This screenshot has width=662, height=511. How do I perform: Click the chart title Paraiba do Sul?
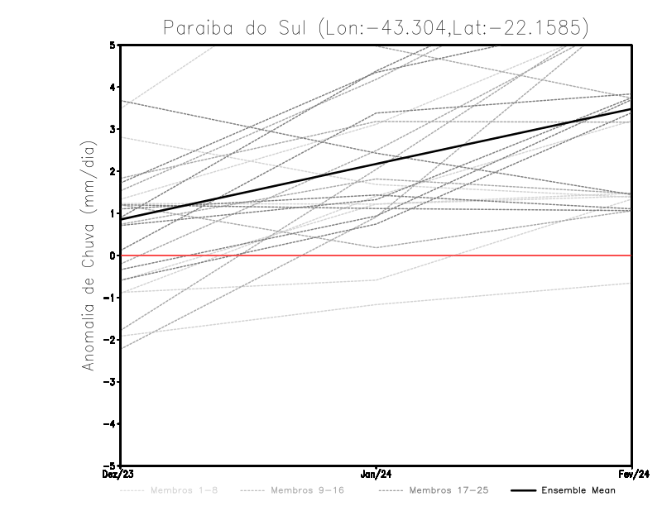[376, 27]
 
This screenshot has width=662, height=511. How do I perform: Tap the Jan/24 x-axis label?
[377, 475]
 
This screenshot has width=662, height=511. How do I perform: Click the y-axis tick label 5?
[113, 45]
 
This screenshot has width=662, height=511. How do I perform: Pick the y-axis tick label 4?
[113, 87]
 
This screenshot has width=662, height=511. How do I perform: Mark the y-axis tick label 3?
[113, 129]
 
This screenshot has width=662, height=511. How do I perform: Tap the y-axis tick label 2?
[113, 171]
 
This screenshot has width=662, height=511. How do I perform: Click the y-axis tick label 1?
[113, 213]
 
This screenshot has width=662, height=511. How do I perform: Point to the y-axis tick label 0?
[113, 255]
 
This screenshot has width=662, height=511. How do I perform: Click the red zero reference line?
[496, 255]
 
